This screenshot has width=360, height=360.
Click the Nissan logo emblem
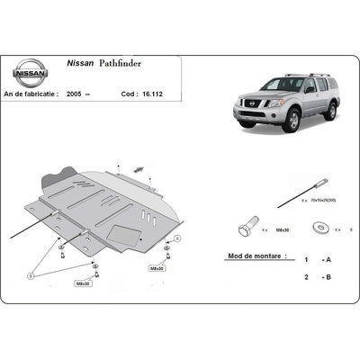click(30, 71)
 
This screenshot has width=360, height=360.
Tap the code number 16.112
click(148, 92)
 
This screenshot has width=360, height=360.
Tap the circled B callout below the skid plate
click(31, 277)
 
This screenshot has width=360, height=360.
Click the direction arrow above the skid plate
click(139, 168)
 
